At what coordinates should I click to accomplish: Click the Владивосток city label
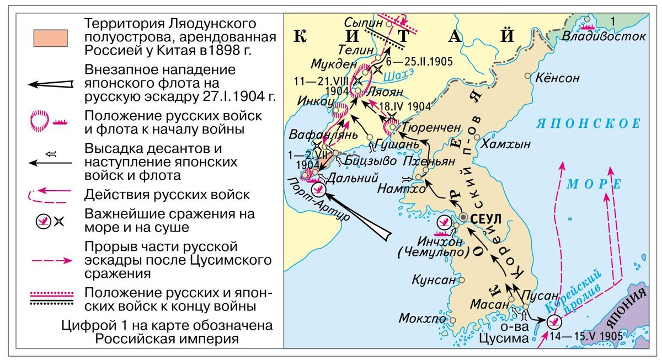click(605, 36)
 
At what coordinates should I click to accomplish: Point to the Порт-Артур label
click(319, 201)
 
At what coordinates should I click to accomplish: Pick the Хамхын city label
click(506, 144)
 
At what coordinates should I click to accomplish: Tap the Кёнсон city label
click(557, 78)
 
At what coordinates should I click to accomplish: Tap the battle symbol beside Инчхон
click(443, 223)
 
